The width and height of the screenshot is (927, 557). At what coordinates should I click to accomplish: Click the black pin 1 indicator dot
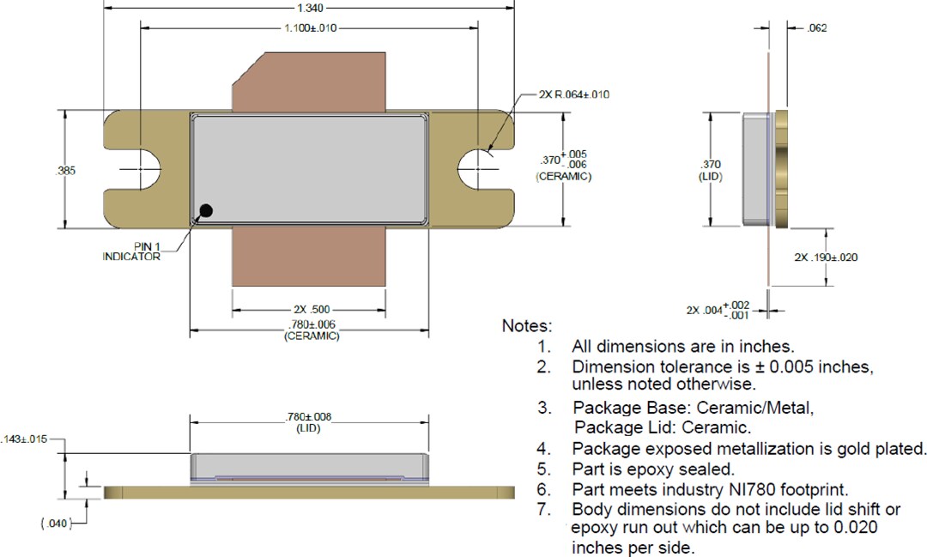[x=206, y=210]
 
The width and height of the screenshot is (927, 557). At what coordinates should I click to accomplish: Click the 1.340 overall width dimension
[x=310, y=8]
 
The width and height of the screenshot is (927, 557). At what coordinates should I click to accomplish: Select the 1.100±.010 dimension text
[x=310, y=28]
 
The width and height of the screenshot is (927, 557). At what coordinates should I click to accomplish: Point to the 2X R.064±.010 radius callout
[x=573, y=94]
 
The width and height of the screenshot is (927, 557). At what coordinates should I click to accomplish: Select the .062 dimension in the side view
[x=816, y=28]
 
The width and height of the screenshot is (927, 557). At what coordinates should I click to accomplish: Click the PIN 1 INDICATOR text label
[x=131, y=251]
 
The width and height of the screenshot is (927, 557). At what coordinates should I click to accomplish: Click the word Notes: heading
[x=527, y=327]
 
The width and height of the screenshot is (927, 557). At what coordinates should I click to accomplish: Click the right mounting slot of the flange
[x=477, y=170]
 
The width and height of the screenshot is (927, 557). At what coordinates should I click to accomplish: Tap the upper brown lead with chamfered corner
[x=309, y=82]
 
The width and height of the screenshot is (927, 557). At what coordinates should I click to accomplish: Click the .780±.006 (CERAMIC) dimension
[x=311, y=330]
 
